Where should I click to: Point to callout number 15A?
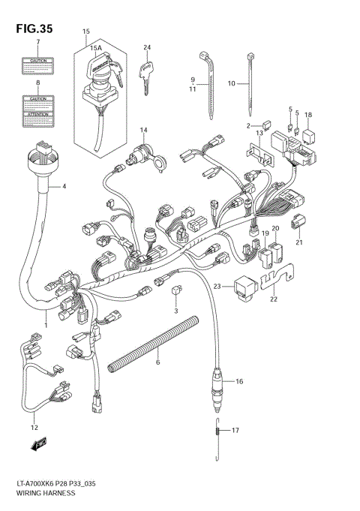(x=96, y=48)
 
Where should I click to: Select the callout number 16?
(x=239, y=382)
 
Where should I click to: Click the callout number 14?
(x=142, y=131)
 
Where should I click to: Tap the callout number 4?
(x=64, y=186)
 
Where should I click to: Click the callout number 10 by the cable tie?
(x=232, y=83)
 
